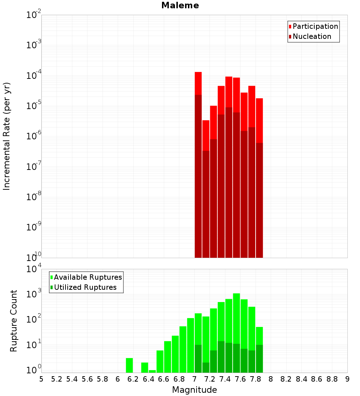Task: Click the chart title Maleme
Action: pyautogui.click(x=180, y=5)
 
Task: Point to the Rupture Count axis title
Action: pyautogui.click(x=14, y=320)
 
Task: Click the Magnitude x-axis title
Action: pyautogui.click(x=194, y=390)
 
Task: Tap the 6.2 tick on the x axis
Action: pyautogui.click(x=133, y=379)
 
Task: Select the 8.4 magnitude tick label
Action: pyautogui.click(x=302, y=379)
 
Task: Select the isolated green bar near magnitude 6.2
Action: pyautogui.click(x=130, y=365)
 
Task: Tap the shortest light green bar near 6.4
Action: pyautogui.click(x=152, y=371)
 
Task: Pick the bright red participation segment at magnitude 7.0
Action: pyautogui.click(x=198, y=83)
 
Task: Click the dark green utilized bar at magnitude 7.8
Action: pyautogui.click(x=259, y=359)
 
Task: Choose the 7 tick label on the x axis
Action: pyautogui.click(x=194, y=379)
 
